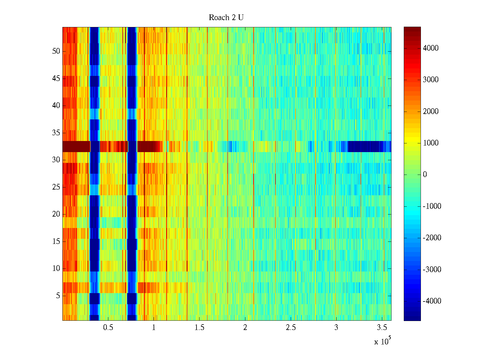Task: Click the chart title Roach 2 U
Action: (x=226, y=18)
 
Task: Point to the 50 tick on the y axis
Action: (x=56, y=51)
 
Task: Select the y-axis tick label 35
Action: (x=56, y=133)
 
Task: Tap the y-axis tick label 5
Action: (x=58, y=296)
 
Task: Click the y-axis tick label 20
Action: (x=56, y=214)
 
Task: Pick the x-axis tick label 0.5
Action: (x=108, y=328)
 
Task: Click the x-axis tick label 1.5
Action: (x=199, y=328)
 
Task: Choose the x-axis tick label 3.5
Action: (x=382, y=328)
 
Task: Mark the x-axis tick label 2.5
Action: (x=291, y=328)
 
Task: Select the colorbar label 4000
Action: (x=431, y=48)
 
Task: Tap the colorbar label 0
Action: (x=425, y=175)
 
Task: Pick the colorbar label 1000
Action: (x=431, y=143)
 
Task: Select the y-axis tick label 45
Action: (x=56, y=79)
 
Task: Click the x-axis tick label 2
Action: (x=245, y=328)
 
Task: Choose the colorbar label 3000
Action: (x=431, y=80)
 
